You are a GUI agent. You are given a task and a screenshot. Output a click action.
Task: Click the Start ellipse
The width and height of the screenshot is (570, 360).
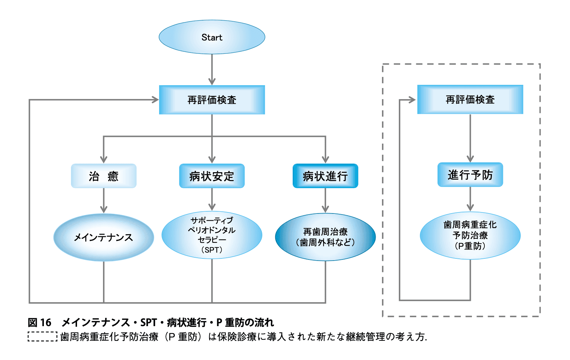(x=212, y=37)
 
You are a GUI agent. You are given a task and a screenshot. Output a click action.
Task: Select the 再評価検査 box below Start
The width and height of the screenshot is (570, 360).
(x=212, y=100)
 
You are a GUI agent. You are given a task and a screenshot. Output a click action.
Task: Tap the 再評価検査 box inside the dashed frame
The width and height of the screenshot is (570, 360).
(x=470, y=99)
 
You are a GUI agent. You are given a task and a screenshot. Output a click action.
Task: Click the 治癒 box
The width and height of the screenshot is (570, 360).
(x=103, y=176)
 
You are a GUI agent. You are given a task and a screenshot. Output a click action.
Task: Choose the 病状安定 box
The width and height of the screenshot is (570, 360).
(x=212, y=176)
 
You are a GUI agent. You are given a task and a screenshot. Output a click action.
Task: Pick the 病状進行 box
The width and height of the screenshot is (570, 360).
(x=325, y=176)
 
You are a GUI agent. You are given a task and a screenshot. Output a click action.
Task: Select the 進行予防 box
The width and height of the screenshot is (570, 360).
(x=470, y=175)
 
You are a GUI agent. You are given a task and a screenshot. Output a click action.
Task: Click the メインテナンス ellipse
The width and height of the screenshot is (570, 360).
(x=103, y=237)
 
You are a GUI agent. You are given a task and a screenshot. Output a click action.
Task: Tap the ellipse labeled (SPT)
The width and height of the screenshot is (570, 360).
(x=212, y=235)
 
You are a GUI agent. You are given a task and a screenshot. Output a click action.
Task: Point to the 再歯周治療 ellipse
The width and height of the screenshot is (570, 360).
(x=325, y=237)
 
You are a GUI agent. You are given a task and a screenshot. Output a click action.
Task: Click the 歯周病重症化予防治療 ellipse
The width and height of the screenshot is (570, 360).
(x=470, y=235)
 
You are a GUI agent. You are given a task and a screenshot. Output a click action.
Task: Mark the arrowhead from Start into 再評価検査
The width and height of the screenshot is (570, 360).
(x=212, y=81)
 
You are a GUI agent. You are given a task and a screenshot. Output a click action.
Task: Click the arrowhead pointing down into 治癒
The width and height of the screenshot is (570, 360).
(x=103, y=160)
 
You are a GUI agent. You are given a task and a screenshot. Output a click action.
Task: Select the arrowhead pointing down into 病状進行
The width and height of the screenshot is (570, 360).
(x=325, y=160)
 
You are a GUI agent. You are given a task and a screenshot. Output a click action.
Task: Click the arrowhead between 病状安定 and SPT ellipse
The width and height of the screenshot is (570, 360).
(x=212, y=207)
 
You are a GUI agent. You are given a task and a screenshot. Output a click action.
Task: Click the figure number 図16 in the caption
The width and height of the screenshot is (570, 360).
(x=40, y=322)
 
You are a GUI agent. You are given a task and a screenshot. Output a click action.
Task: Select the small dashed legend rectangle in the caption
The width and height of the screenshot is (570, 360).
(x=42, y=336)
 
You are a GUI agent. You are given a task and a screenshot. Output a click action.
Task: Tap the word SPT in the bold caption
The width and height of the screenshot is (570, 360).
(x=148, y=322)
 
